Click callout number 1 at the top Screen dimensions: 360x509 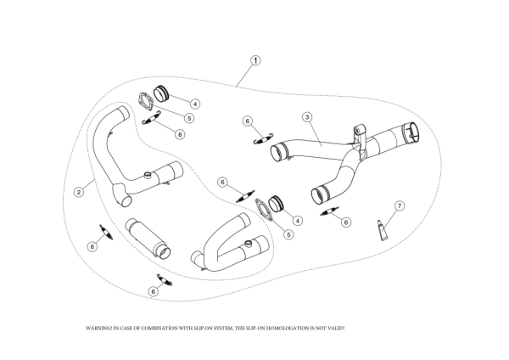pos(255,61)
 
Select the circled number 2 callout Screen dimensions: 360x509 pos(78,192)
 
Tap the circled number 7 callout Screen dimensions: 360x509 pos(400,205)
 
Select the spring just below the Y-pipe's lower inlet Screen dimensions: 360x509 pos(329,211)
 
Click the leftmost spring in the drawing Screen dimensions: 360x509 pos(105,231)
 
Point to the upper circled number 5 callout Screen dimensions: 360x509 pos(188,118)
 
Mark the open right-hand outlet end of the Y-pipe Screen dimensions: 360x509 pos(414,132)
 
